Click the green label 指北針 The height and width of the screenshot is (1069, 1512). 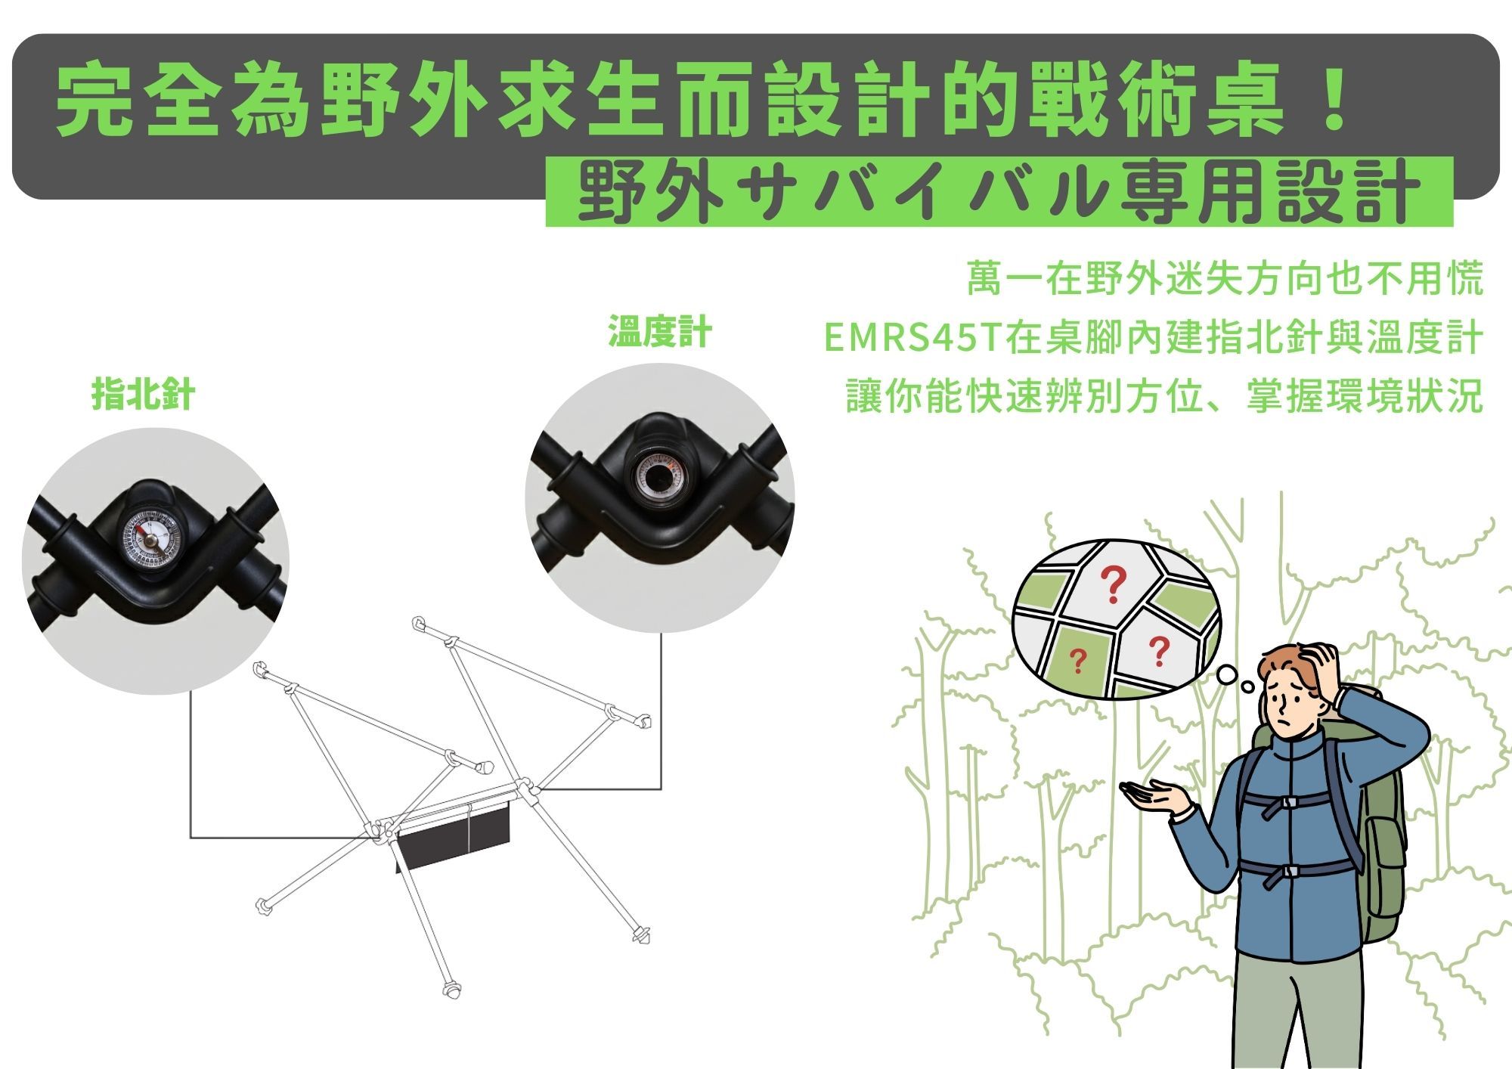[x=143, y=395]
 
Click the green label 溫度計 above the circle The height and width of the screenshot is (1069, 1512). [x=659, y=333]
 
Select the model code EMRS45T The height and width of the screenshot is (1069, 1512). [x=912, y=338]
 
